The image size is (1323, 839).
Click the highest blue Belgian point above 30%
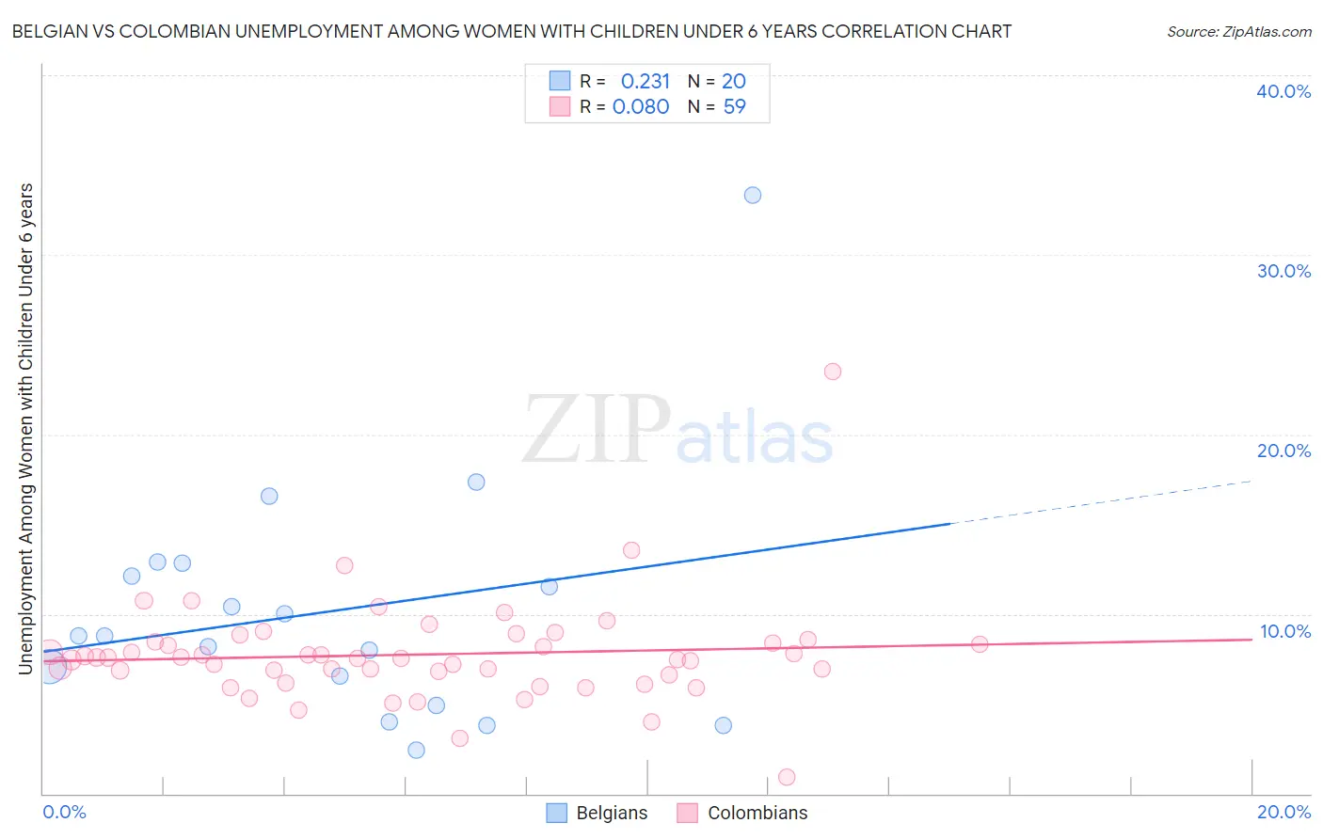pos(753,196)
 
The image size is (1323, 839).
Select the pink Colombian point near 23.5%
pos(833,372)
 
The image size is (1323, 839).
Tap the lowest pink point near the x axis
pos(788,777)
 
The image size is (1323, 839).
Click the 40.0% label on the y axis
pos(1283,91)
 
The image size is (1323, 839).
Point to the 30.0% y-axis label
pos(1283,271)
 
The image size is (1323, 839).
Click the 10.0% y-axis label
pos(1285,631)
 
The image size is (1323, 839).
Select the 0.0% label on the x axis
pos(64,812)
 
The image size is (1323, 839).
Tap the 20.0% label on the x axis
pos(1283,812)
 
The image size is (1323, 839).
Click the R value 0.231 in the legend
pos(645,82)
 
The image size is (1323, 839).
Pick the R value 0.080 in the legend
pos(641,107)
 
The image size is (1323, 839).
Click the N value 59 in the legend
pos(734,107)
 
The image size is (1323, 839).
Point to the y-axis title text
pos(25,429)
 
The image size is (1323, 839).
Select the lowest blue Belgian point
pos(416,750)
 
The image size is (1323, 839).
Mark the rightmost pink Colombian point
pos(980,644)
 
